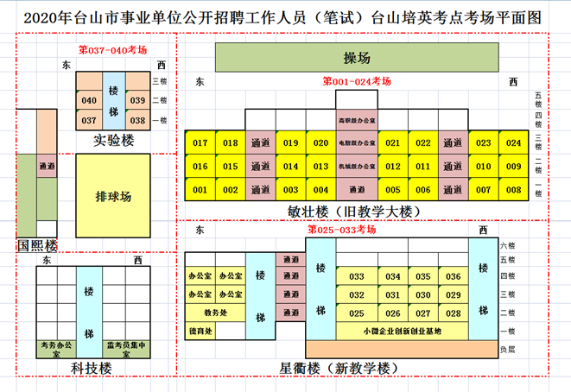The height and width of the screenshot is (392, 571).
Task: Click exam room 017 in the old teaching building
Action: pos(200,143)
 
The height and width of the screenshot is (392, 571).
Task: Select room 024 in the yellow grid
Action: pos(514,143)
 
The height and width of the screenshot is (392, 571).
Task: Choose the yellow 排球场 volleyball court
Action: pos(113,197)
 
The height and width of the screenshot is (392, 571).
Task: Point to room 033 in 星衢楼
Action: pos(356,276)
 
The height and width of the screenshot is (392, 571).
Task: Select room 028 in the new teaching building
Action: pos(453,313)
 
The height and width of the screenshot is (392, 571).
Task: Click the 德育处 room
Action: pos(200,331)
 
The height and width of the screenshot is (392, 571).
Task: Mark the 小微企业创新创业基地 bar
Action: pos(402,331)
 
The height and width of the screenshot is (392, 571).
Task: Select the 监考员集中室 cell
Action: pos(126,349)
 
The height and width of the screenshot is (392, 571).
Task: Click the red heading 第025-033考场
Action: pos(343,230)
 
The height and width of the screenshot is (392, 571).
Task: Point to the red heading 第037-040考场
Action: pos(112,50)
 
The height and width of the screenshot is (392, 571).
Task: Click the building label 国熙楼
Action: pos(37,245)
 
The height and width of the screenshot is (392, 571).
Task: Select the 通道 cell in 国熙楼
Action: pos(48,165)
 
